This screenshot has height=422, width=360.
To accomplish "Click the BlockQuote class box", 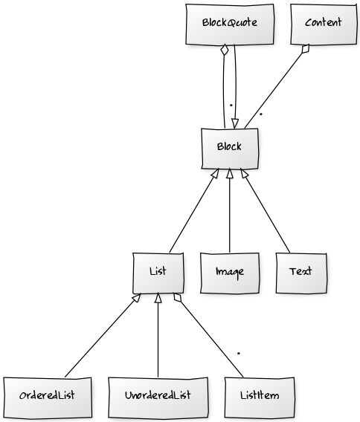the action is click(x=230, y=25).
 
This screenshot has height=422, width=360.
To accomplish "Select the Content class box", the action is click(x=324, y=25).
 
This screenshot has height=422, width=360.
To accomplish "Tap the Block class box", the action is click(x=230, y=149).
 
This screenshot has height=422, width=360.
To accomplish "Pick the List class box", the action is click(x=158, y=273).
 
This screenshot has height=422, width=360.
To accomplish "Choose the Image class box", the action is click(x=230, y=273).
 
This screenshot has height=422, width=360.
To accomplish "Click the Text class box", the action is click(x=301, y=273).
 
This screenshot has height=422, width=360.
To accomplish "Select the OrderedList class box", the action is click(x=48, y=397).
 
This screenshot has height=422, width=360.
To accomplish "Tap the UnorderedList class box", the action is click(x=158, y=397).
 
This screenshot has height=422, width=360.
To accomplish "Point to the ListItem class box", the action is click(x=260, y=397).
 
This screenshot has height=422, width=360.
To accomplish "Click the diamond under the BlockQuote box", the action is click(x=224, y=50).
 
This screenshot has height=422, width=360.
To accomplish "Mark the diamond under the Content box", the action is click(x=306, y=49).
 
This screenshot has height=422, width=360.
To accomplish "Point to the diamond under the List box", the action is click(x=178, y=297).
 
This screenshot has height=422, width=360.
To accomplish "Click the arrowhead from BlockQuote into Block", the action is click(x=235, y=123).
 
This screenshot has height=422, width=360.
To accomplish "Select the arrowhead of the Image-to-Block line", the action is click(x=230, y=174).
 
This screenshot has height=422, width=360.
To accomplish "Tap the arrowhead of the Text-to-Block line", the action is click(x=244, y=173).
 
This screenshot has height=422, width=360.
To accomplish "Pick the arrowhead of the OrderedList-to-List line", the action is click(x=137, y=297).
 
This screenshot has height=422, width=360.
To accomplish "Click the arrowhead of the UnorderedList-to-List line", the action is click(x=158, y=298).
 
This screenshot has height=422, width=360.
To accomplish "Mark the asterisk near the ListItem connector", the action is click(x=239, y=354).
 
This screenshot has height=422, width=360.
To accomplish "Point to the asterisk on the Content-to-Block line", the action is click(x=261, y=114).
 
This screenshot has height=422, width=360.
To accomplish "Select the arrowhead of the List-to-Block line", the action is click(x=215, y=173).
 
